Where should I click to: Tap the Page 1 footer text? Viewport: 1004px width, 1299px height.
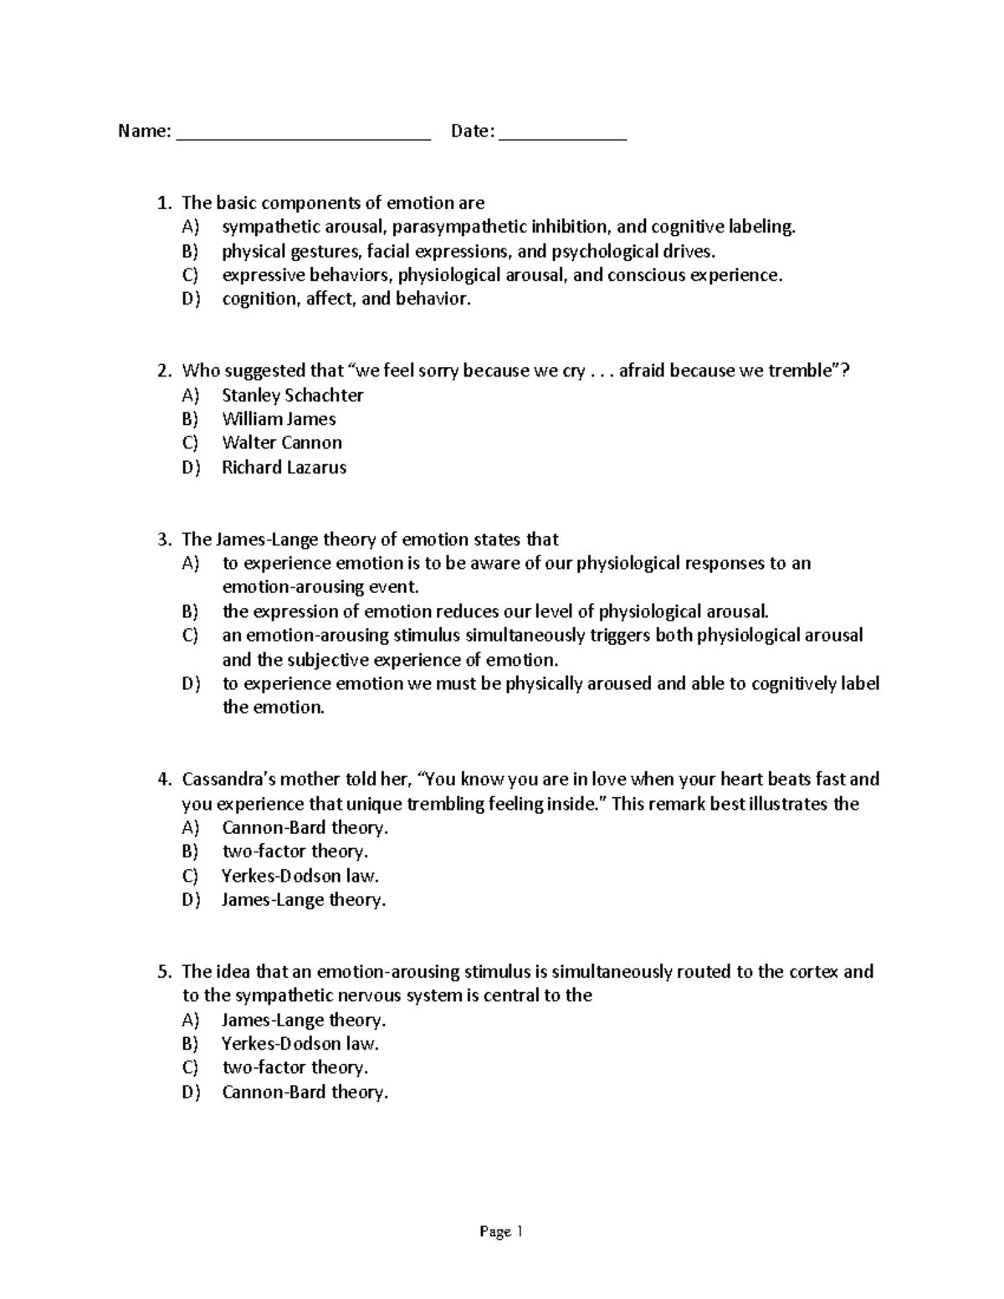[x=501, y=1231]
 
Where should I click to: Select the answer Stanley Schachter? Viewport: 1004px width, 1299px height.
[x=292, y=395]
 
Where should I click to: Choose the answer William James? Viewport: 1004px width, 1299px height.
[x=279, y=419]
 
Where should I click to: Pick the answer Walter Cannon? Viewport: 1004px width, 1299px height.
[x=282, y=443]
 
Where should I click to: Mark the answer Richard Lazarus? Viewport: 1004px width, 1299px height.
[x=284, y=468]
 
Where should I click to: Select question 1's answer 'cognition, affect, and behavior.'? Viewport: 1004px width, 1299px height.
[x=346, y=299]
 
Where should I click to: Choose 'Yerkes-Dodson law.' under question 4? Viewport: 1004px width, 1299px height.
[x=300, y=877]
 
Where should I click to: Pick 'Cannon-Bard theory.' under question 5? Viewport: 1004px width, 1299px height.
[x=305, y=1092]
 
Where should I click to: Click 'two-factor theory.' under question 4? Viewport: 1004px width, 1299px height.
[x=295, y=852]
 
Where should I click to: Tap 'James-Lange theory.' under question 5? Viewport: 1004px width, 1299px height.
[x=304, y=1020]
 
